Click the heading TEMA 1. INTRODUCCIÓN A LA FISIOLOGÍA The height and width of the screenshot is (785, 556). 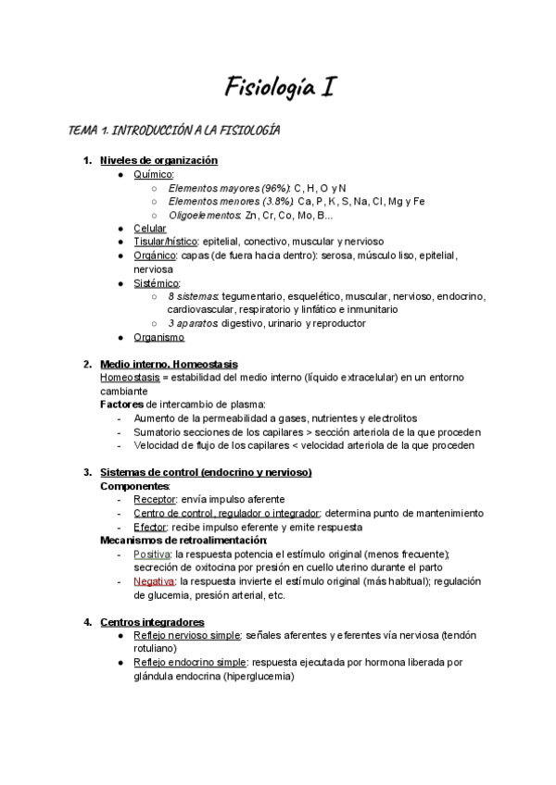click(x=174, y=131)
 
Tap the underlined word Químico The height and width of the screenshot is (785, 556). click(x=153, y=174)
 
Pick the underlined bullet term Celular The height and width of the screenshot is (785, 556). click(x=150, y=228)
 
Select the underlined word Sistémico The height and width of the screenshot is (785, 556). click(x=157, y=282)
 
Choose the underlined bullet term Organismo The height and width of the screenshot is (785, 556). click(x=158, y=337)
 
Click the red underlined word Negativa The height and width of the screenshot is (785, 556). click(x=154, y=581)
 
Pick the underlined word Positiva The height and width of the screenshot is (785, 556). click(x=152, y=554)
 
